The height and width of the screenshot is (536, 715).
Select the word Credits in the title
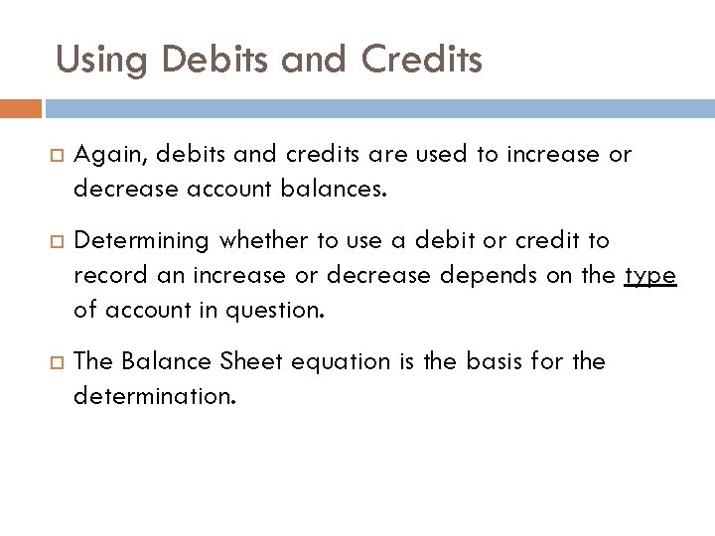tap(422, 60)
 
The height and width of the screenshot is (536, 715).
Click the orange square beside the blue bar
tap(21, 107)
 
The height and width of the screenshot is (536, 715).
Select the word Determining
tap(142, 240)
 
